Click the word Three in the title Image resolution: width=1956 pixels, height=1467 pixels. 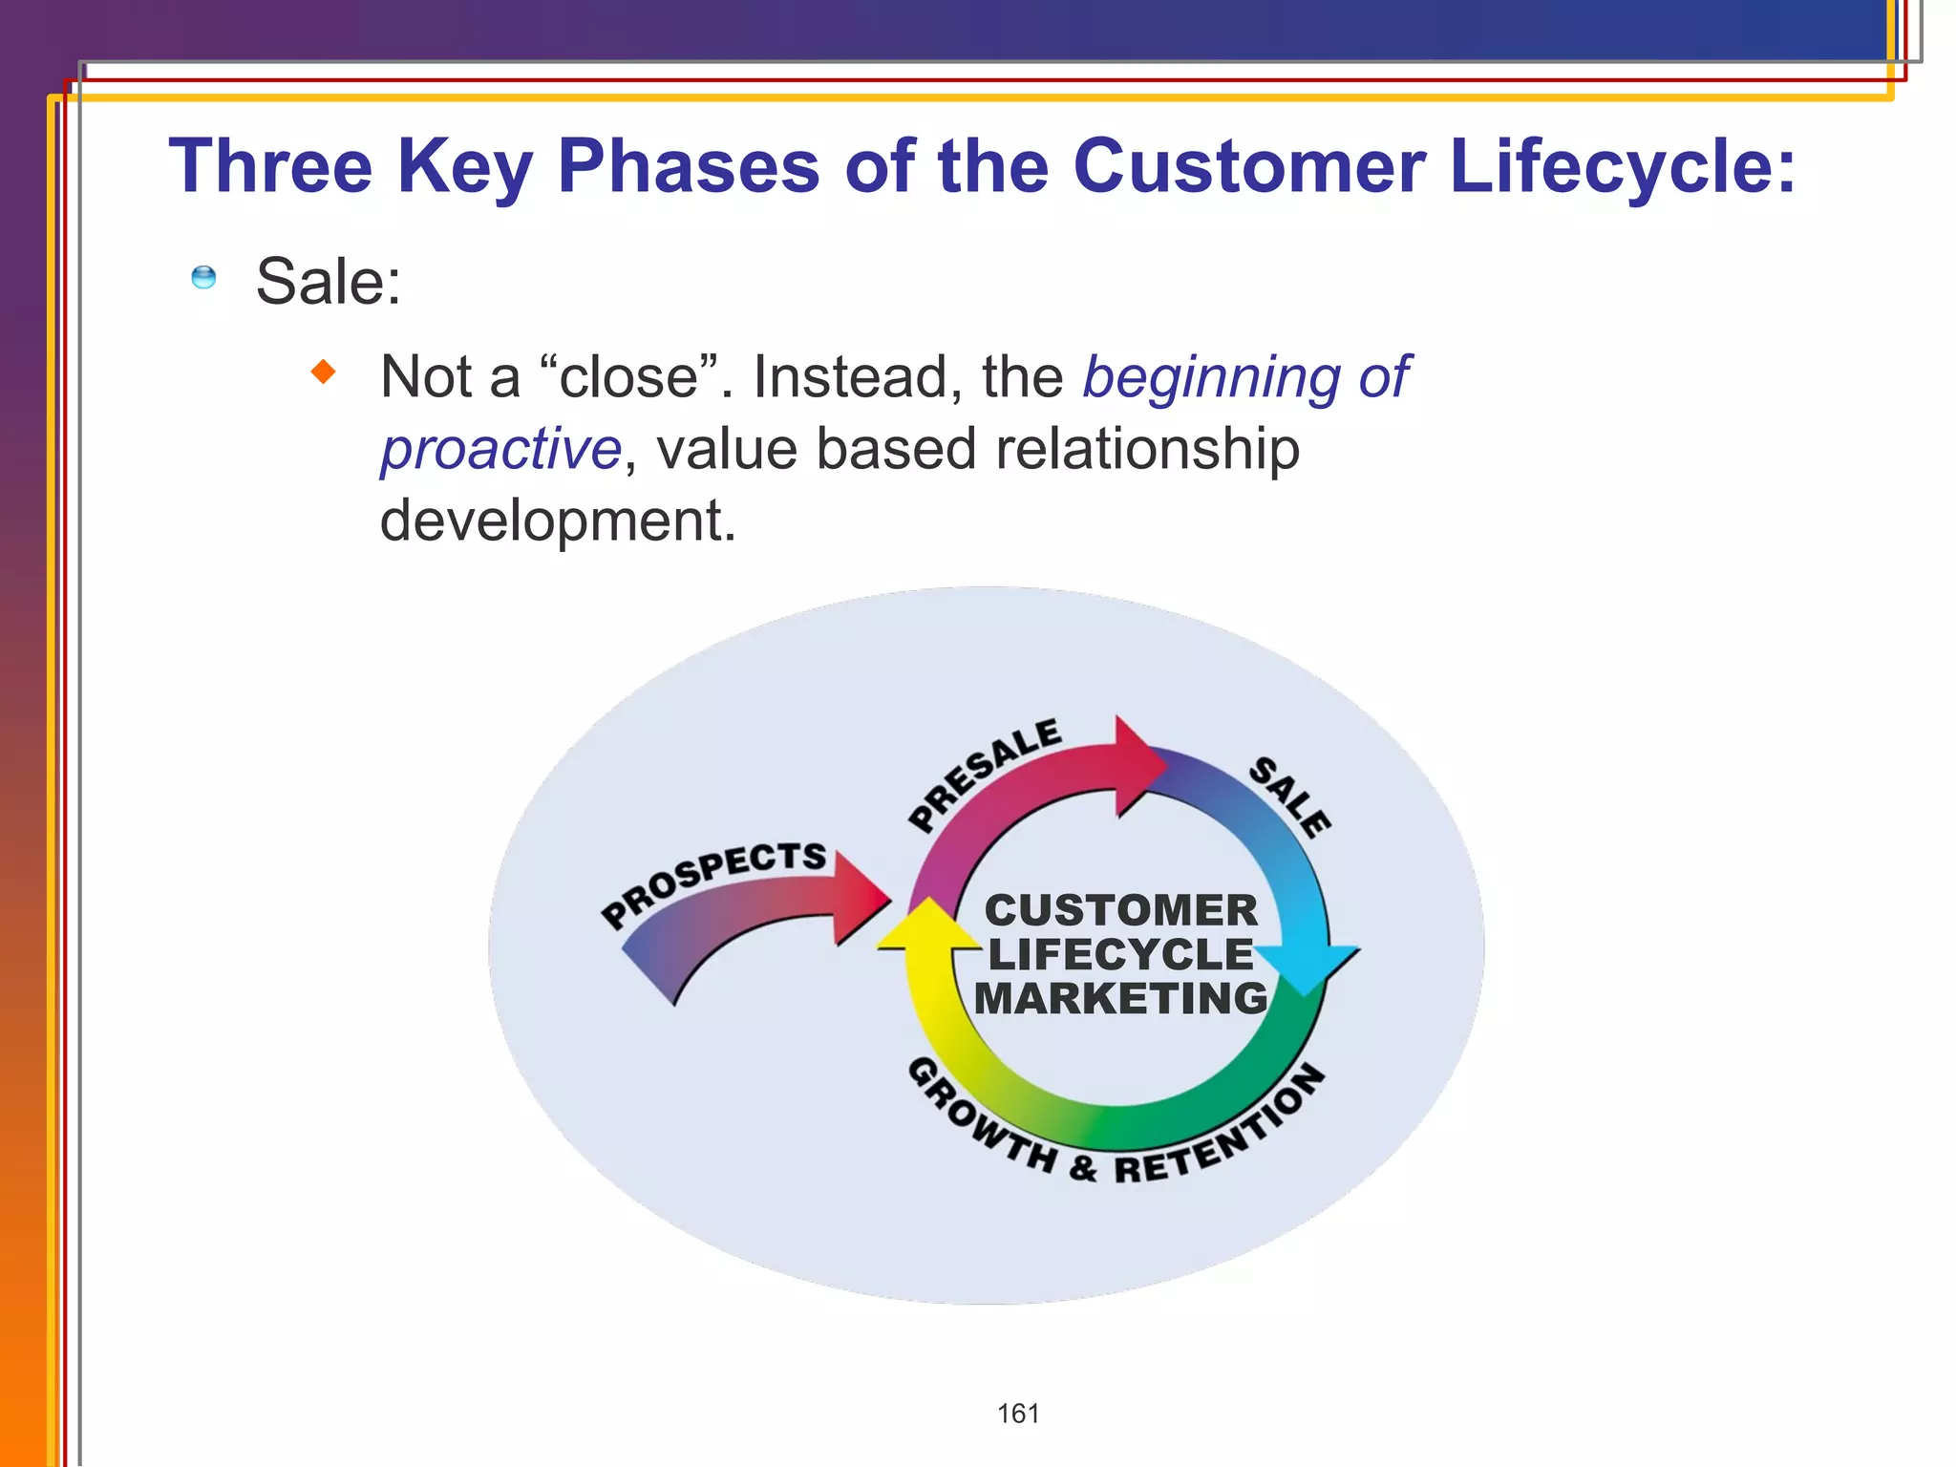point(270,166)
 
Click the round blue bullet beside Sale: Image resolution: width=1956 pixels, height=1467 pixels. point(203,278)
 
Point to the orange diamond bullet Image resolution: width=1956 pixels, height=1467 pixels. point(324,372)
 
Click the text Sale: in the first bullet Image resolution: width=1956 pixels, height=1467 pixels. point(329,282)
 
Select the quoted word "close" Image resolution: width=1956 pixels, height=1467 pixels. point(628,376)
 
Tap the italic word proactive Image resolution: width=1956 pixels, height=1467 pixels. point(501,449)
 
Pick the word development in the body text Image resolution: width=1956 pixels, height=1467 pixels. point(558,521)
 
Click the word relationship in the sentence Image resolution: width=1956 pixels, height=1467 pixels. point(1146,449)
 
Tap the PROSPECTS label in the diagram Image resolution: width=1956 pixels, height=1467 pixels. point(712,881)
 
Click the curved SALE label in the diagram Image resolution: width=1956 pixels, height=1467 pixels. point(1290,797)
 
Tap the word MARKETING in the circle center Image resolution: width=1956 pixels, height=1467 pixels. point(1120,999)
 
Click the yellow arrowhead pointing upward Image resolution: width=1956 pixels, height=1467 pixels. point(925,926)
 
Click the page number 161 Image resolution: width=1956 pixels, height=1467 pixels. point(1018,1414)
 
